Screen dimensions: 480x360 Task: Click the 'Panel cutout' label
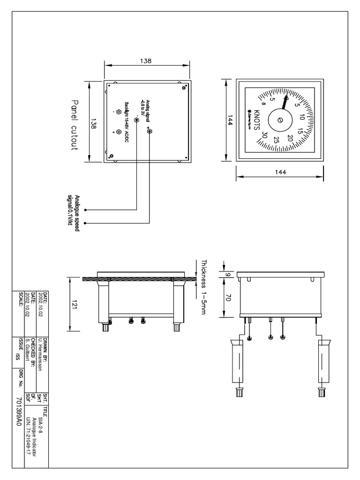[x=75, y=124]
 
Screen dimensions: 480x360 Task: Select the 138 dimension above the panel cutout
[x=146, y=61]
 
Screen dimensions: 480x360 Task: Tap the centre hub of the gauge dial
[x=280, y=120]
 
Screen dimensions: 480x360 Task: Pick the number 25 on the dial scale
[x=277, y=140]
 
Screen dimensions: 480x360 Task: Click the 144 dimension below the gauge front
[x=280, y=172]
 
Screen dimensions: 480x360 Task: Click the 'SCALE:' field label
[x=20, y=299]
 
